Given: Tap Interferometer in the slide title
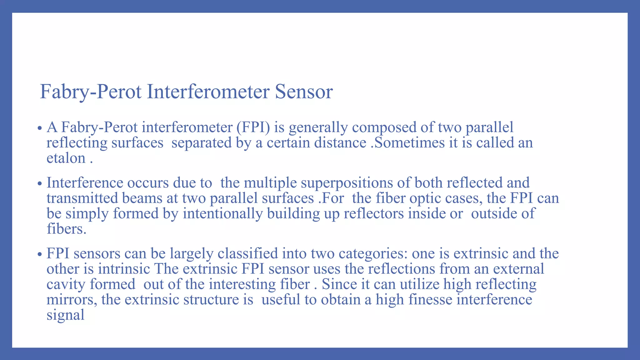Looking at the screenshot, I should click(208, 92).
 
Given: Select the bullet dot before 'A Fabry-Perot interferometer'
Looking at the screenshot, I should click(39, 128).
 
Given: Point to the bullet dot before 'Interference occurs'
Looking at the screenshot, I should click(39, 184).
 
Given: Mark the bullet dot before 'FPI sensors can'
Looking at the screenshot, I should click(39, 254).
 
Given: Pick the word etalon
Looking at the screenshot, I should click(66, 158).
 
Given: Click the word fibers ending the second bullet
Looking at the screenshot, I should click(66, 229).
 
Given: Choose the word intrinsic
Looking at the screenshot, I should click(124, 269).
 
